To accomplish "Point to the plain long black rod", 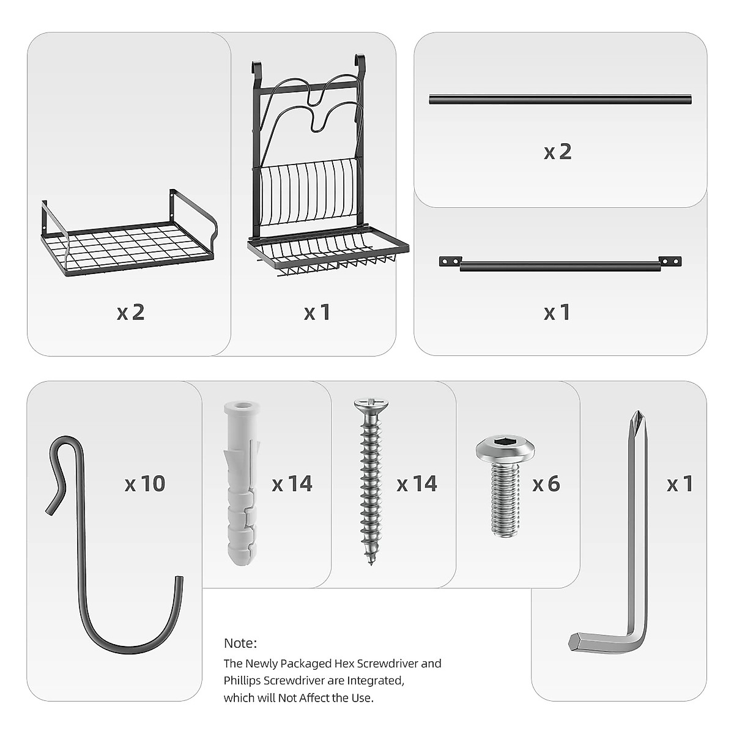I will [x=560, y=100].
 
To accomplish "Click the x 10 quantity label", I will [x=145, y=484].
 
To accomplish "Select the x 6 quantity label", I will [x=546, y=484].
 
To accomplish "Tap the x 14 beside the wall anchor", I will [x=292, y=484].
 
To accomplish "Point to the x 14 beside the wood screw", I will [x=417, y=484].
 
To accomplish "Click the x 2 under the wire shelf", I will [x=130, y=312].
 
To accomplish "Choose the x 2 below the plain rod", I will [x=558, y=151].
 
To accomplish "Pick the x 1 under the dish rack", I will [x=317, y=312].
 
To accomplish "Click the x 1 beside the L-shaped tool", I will [x=680, y=484].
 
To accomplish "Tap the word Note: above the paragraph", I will [x=240, y=643].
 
